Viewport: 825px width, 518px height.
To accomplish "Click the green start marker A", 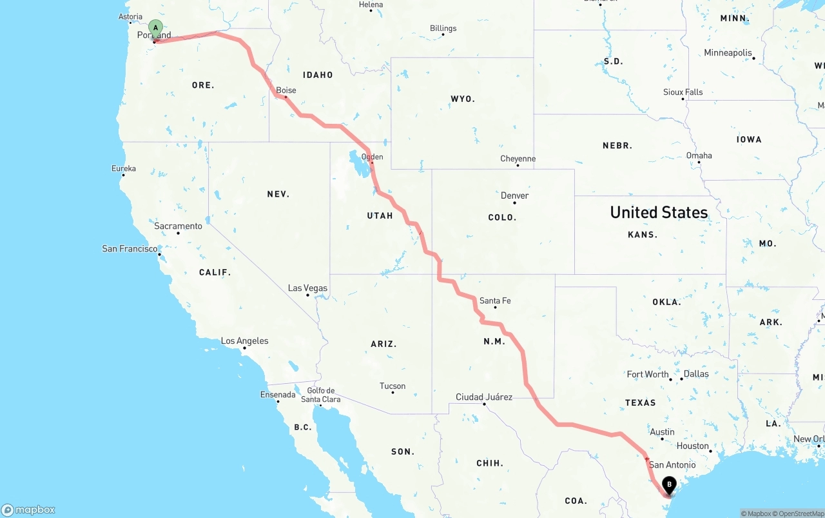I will [x=155, y=28].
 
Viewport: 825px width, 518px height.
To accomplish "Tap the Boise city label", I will [x=286, y=90].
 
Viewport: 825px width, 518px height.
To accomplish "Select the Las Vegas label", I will [x=307, y=288].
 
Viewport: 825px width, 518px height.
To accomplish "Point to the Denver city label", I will [x=514, y=195].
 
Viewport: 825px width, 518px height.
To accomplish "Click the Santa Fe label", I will [x=495, y=301].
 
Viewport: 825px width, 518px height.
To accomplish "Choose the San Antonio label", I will [x=672, y=464].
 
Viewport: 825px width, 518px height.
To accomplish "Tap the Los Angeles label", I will [x=244, y=341].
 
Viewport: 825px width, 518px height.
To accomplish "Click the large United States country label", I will [x=659, y=212].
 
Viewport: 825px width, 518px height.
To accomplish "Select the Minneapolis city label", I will [x=728, y=53].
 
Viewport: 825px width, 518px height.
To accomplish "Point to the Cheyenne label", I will [x=518, y=159].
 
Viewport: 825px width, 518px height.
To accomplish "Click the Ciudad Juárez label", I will [x=483, y=397].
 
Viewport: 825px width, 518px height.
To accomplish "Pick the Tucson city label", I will [x=393, y=386].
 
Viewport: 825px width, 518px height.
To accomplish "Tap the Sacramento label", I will [x=178, y=226].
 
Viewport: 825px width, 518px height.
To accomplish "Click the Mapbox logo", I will [x=28, y=510].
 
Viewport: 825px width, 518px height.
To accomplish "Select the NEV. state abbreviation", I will [x=278, y=194].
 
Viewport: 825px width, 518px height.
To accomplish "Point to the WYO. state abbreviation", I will [x=463, y=99].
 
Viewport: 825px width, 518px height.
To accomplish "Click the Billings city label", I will [x=443, y=28].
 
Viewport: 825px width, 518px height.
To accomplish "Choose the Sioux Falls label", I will [x=683, y=92].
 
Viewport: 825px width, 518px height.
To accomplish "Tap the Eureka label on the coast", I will [x=123, y=168].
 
